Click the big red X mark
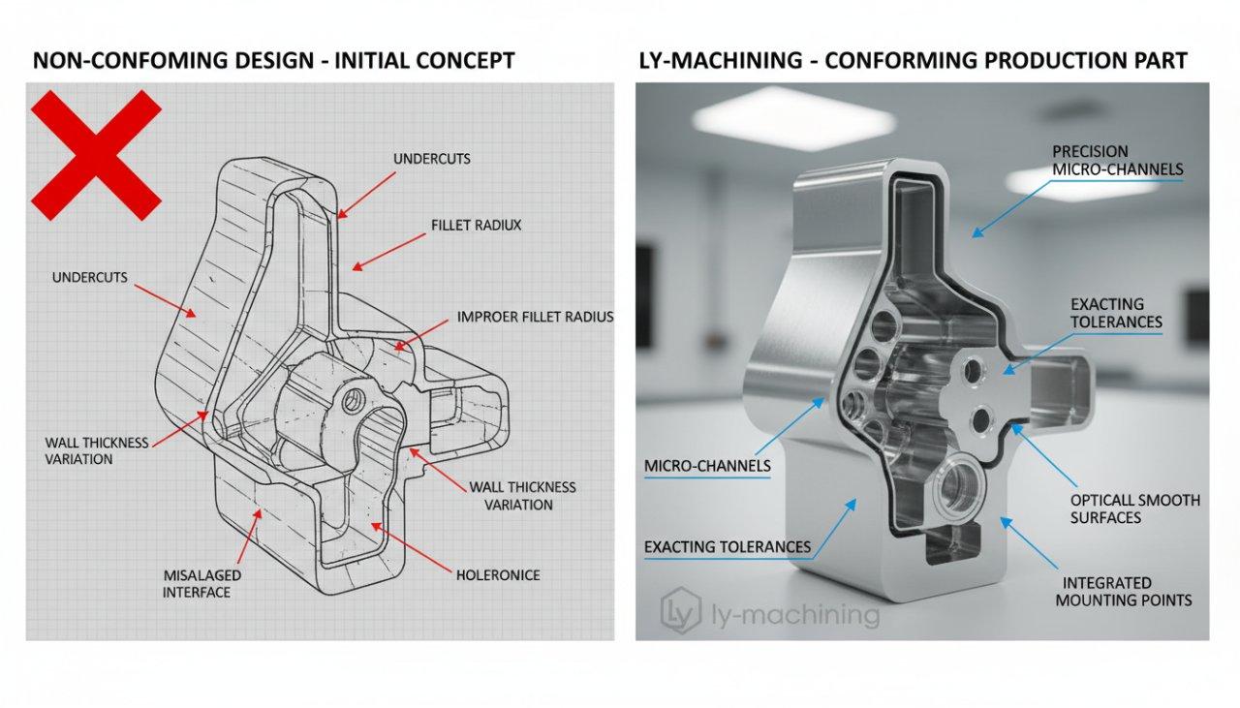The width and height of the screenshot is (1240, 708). [x=96, y=155]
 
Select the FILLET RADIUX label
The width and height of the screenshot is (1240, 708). [x=476, y=225]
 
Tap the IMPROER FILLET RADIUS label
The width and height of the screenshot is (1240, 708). [x=535, y=317]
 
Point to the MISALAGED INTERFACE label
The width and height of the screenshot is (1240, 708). [x=201, y=583]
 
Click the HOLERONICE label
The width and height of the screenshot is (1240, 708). [x=497, y=575]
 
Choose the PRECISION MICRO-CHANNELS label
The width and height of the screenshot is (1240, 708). [x=1117, y=160]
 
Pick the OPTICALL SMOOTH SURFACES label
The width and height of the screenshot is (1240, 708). [x=1134, y=508]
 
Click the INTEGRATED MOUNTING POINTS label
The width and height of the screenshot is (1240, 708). [x=1127, y=591]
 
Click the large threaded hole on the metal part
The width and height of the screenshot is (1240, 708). [x=958, y=482]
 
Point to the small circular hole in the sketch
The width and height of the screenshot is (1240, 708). [x=356, y=397]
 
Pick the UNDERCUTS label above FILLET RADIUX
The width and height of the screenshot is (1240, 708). [x=432, y=158]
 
